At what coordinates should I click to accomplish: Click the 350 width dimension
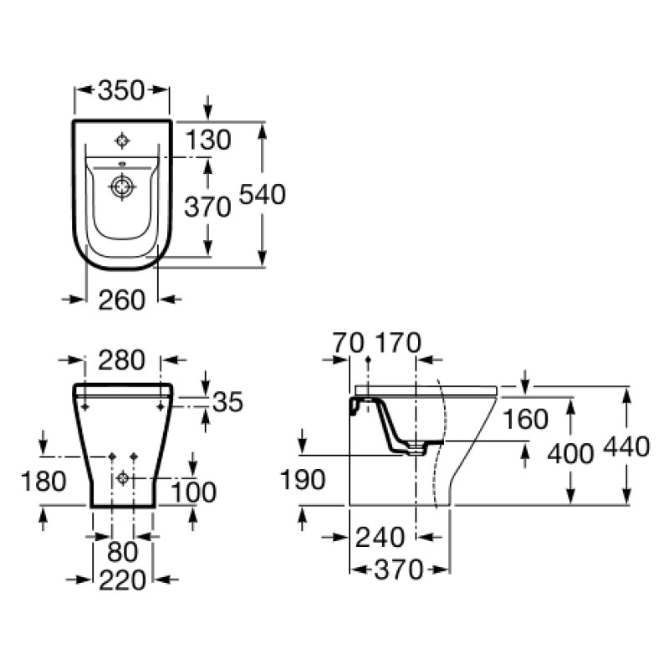[x=121, y=90]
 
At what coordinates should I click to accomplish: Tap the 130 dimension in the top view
[x=208, y=140]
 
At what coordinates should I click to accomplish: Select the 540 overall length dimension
[x=262, y=194]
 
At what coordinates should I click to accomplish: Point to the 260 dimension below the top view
[x=122, y=300]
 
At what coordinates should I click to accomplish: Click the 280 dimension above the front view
[x=122, y=360]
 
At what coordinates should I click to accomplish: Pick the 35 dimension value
[x=227, y=401]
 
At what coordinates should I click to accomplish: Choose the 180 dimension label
[x=43, y=481]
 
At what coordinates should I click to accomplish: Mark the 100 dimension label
[x=194, y=492]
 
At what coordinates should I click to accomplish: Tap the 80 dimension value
[x=122, y=551]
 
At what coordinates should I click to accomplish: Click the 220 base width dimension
[x=122, y=580]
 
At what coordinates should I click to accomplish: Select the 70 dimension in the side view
[x=348, y=343]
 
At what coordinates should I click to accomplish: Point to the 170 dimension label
[x=398, y=343]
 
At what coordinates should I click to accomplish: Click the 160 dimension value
[x=526, y=419]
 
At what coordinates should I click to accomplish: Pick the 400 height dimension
[x=570, y=453]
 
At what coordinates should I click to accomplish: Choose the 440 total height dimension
[x=626, y=447]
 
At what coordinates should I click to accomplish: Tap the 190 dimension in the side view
[x=303, y=479]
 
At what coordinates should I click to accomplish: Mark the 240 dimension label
[x=380, y=537]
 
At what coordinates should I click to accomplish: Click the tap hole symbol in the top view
[x=122, y=140]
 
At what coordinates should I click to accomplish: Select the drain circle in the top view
[x=122, y=186]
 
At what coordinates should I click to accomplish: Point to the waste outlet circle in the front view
[x=123, y=477]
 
